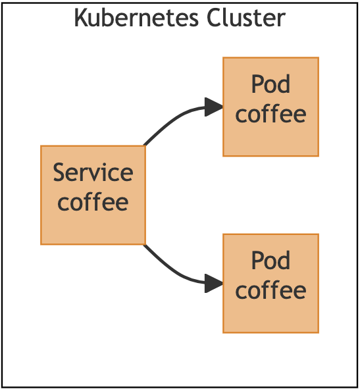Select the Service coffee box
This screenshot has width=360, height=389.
point(93,195)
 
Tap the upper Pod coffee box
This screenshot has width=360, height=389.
point(270,107)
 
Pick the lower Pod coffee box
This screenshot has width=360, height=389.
point(270,283)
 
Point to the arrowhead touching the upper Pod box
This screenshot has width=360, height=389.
point(214,107)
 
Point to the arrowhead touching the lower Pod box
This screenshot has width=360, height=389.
point(214,283)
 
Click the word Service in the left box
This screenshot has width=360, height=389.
point(93,173)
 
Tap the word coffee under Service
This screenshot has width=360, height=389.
point(93,202)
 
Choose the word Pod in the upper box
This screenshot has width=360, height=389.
point(270,85)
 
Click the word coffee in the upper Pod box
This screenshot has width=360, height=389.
point(270,114)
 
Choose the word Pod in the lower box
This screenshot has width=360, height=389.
point(270,261)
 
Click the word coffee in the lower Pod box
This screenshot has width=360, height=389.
point(270,290)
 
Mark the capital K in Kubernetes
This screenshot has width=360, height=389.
point(80,18)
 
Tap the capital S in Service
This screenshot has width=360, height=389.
point(60,173)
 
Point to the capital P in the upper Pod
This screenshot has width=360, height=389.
point(257,85)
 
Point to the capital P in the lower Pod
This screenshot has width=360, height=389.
point(257,261)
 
